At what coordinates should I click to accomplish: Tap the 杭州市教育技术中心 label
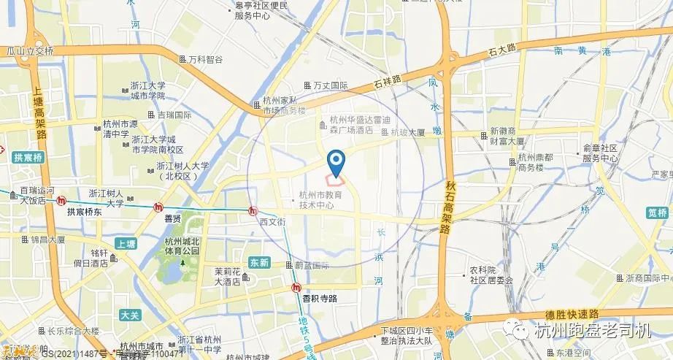(317, 201)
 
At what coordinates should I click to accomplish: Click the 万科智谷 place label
(204, 59)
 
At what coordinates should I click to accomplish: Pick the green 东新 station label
(258, 262)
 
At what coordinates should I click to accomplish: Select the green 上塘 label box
(125, 244)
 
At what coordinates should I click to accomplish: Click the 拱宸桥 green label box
(28, 157)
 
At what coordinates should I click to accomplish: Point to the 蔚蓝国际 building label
(310, 266)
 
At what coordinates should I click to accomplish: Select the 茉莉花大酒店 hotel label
(226, 277)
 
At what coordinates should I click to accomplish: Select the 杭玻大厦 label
(407, 133)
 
